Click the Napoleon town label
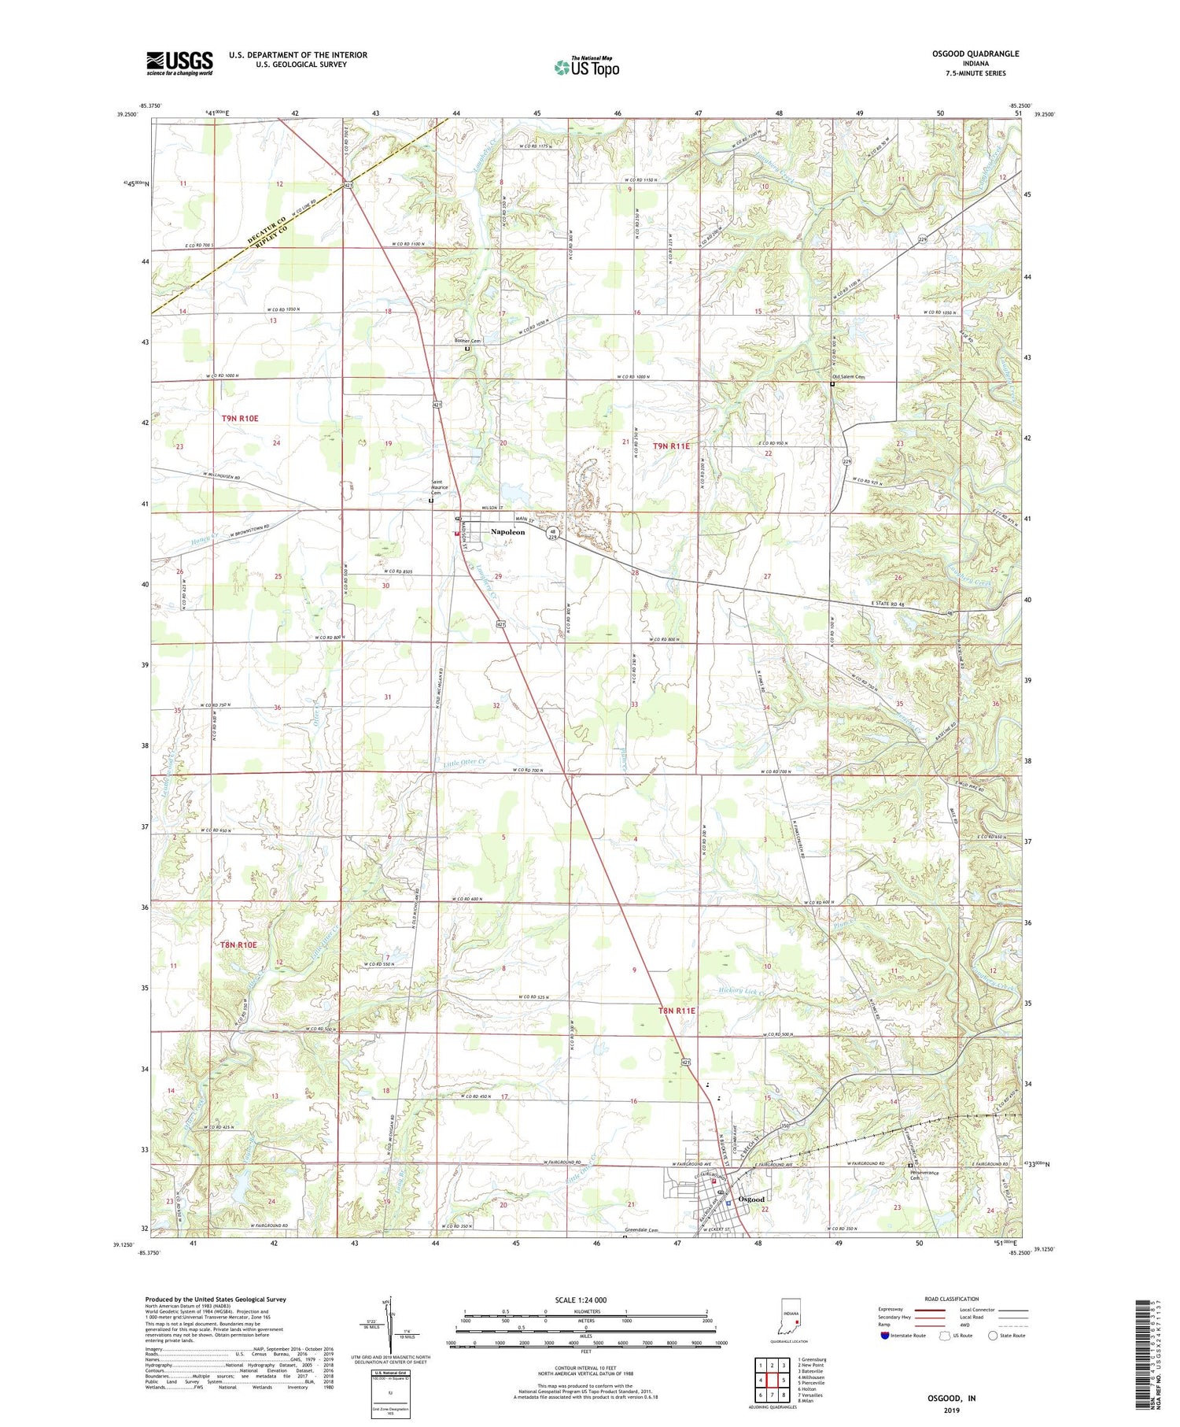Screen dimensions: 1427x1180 pos(507,533)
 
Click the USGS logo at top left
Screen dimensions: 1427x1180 pos(179,63)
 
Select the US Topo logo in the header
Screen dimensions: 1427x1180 pos(586,67)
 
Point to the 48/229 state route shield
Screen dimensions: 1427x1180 pos(554,534)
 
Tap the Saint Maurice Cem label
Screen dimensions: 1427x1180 pos(439,486)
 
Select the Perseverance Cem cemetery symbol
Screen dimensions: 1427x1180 pos(910,1166)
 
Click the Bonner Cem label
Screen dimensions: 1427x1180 pos(467,341)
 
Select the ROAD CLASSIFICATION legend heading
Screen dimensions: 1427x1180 pos(952,1299)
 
